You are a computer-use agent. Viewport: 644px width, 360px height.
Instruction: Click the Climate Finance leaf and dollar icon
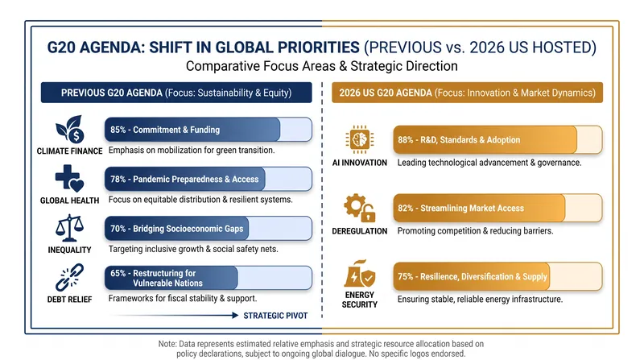[x=70, y=129]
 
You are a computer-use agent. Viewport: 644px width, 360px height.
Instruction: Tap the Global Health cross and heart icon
[x=69, y=179]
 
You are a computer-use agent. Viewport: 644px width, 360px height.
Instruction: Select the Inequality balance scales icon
[x=69, y=228]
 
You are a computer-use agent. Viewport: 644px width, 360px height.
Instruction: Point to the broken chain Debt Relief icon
[x=69, y=277]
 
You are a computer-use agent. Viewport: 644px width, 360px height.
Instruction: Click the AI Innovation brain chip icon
[x=359, y=139]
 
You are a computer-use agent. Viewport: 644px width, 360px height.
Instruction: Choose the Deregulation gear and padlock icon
[x=360, y=208]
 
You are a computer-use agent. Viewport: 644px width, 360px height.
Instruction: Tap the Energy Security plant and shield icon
[x=360, y=274]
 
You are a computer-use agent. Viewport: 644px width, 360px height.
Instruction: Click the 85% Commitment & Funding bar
[x=208, y=130]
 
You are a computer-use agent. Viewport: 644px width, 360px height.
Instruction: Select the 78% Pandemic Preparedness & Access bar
[x=208, y=179]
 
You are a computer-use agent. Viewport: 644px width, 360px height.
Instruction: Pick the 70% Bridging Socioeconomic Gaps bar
[x=208, y=229]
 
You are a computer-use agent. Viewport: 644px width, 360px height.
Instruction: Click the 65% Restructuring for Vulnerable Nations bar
[x=208, y=278]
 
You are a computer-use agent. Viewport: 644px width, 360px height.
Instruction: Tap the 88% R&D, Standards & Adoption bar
[x=497, y=139]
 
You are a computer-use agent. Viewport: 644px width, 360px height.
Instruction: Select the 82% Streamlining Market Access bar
[x=497, y=208]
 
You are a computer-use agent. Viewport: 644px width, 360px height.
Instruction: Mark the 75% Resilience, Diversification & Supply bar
[x=497, y=276]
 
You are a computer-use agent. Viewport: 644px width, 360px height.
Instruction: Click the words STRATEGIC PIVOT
[x=275, y=316]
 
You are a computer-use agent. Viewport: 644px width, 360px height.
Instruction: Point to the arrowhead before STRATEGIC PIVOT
[x=235, y=315]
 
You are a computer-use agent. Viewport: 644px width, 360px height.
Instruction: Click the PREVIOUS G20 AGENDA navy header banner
[x=176, y=93]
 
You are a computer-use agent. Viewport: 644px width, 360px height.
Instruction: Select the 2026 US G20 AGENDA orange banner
[x=468, y=93]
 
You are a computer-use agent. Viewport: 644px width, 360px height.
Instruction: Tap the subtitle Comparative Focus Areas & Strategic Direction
[x=321, y=66]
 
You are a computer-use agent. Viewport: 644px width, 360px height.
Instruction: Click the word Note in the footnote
[x=167, y=344]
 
